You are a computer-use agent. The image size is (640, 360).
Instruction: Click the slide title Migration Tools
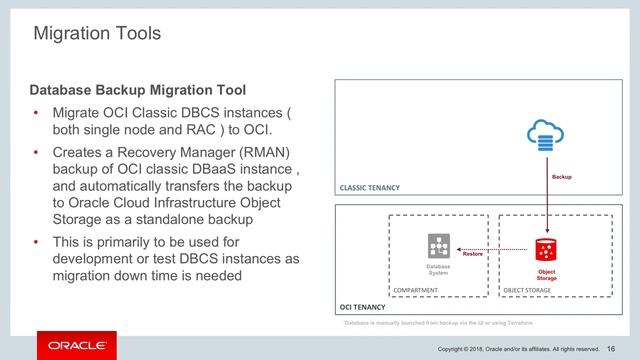(97, 34)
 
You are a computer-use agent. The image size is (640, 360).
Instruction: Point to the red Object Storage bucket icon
(546, 249)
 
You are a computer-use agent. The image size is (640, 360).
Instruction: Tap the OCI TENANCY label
(362, 308)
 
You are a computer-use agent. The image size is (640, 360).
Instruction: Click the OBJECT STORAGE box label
(528, 289)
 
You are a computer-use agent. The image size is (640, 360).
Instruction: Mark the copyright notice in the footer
(516, 348)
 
